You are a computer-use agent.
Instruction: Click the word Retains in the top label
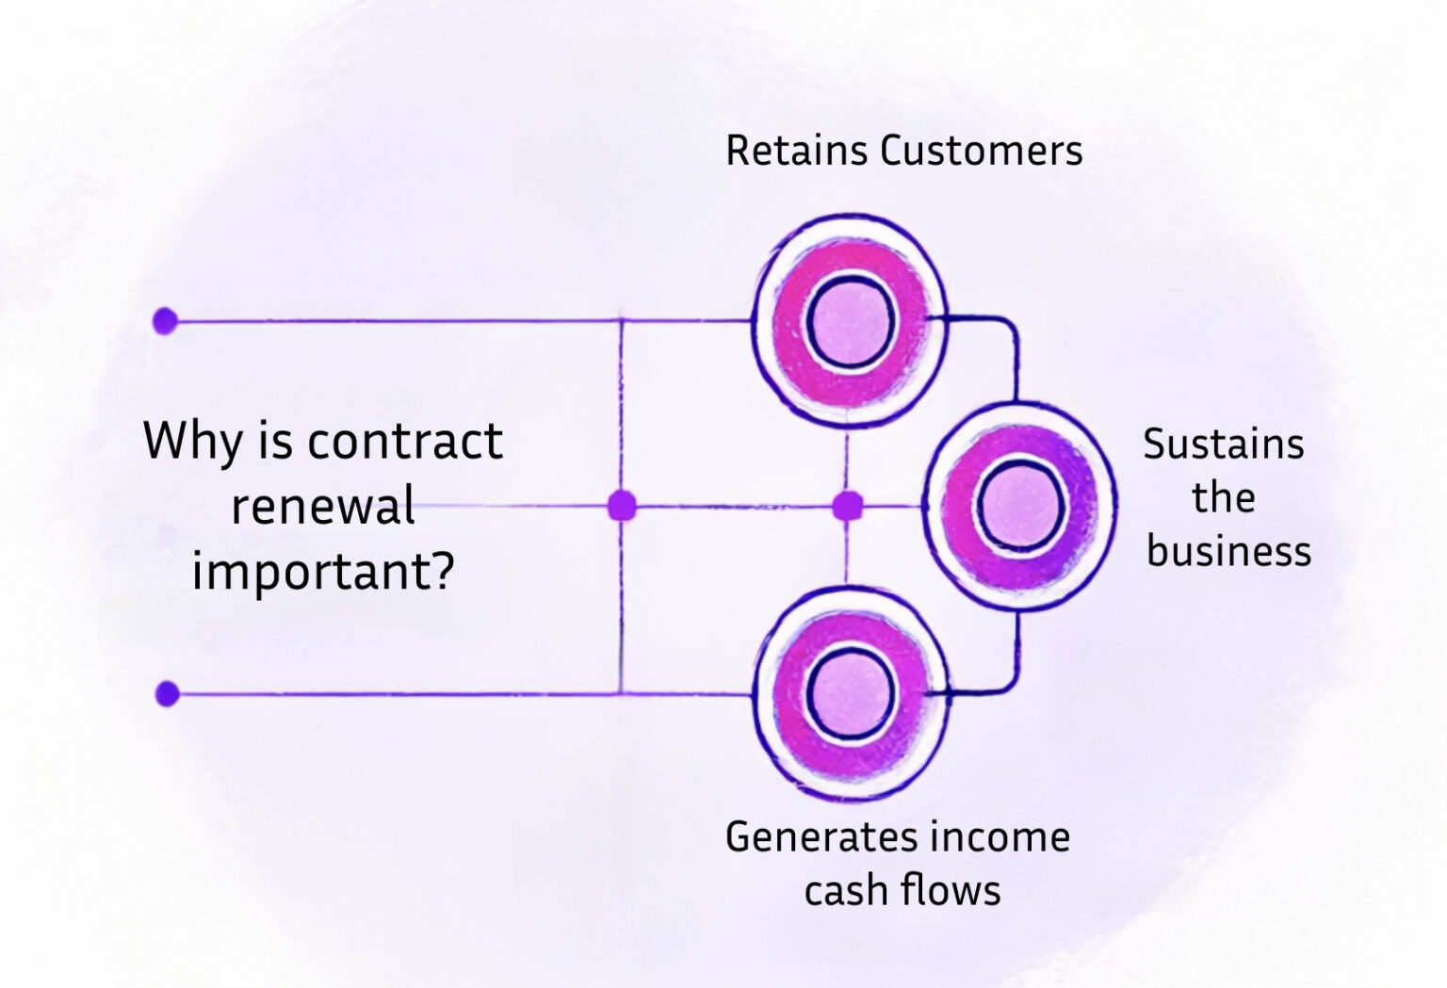796,151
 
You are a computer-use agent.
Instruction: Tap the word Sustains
1223,444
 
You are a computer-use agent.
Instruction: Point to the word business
1228,551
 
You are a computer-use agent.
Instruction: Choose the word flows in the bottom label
951,890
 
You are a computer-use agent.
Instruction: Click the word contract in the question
405,441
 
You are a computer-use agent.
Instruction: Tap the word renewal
322,506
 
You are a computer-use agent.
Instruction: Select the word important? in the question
322,572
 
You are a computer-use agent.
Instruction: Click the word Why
192,441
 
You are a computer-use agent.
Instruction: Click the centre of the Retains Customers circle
849,321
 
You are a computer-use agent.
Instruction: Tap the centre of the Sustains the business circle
1019,507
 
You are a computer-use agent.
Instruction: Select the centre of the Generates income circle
849,694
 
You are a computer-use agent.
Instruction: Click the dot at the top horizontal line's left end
165,321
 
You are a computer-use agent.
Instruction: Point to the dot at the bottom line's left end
167,694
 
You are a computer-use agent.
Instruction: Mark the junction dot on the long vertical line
622,506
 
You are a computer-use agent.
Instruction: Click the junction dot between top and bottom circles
847,506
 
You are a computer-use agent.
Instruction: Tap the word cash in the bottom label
846,890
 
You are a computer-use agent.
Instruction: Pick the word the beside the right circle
1223,497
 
